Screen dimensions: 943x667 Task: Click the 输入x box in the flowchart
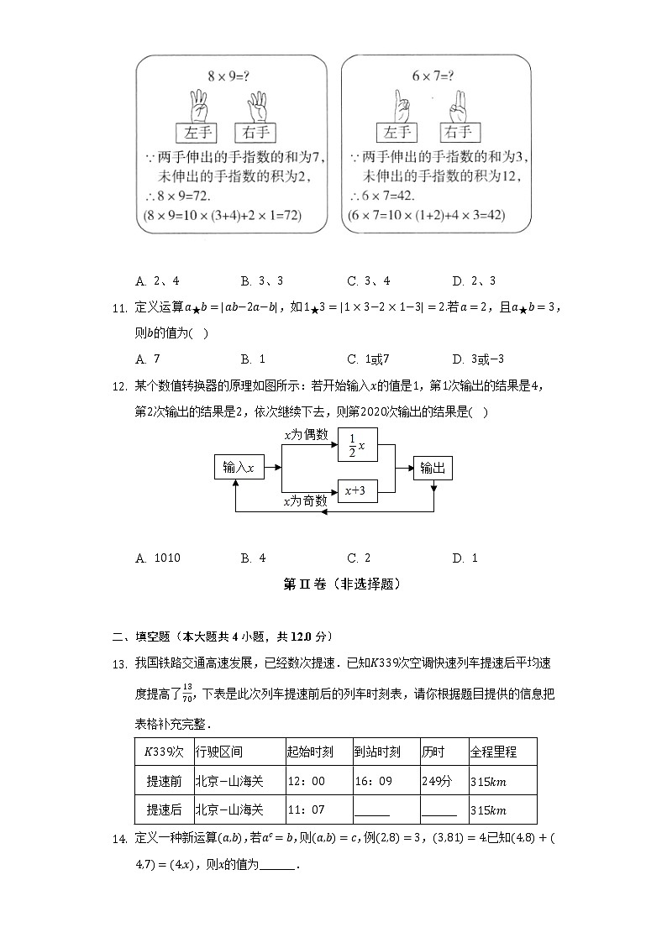239,468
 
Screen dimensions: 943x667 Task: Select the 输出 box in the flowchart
433,468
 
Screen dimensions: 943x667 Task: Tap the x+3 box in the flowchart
357,490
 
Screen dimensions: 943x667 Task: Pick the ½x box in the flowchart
357,447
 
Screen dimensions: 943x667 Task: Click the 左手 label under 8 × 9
197,133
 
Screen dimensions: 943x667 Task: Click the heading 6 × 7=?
433,77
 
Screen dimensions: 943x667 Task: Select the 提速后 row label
164,809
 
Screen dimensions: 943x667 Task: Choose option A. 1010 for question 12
158,558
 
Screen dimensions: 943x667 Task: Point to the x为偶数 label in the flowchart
306,434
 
